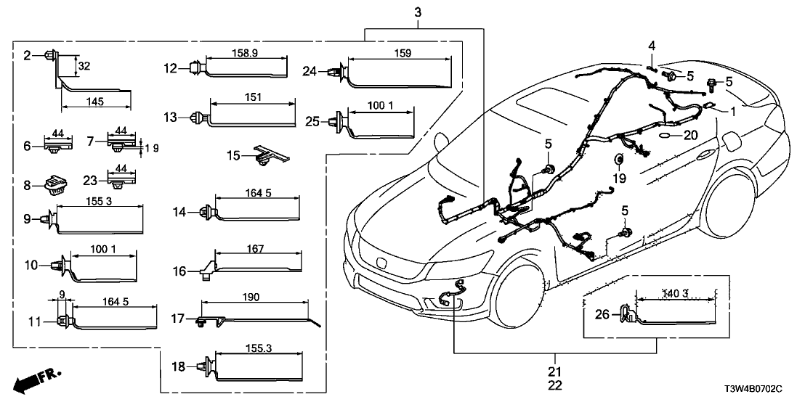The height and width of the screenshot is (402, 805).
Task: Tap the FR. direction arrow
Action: pyautogui.click(x=38, y=379)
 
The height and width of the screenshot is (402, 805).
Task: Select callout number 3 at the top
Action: pyautogui.click(x=418, y=12)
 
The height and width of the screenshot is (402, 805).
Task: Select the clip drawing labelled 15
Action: pyautogui.click(x=268, y=154)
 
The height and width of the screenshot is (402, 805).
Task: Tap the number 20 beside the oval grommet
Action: pyautogui.click(x=690, y=135)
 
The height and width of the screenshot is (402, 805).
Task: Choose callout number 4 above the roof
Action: pyautogui.click(x=652, y=46)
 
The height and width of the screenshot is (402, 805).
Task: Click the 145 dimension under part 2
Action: pyautogui.click(x=95, y=102)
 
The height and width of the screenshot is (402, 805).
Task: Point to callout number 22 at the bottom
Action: pyautogui.click(x=555, y=385)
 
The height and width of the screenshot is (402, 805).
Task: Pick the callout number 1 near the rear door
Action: pyautogui.click(x=732, y=112)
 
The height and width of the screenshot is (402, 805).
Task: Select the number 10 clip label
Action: pyautogui.click(x=31, y=266)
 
